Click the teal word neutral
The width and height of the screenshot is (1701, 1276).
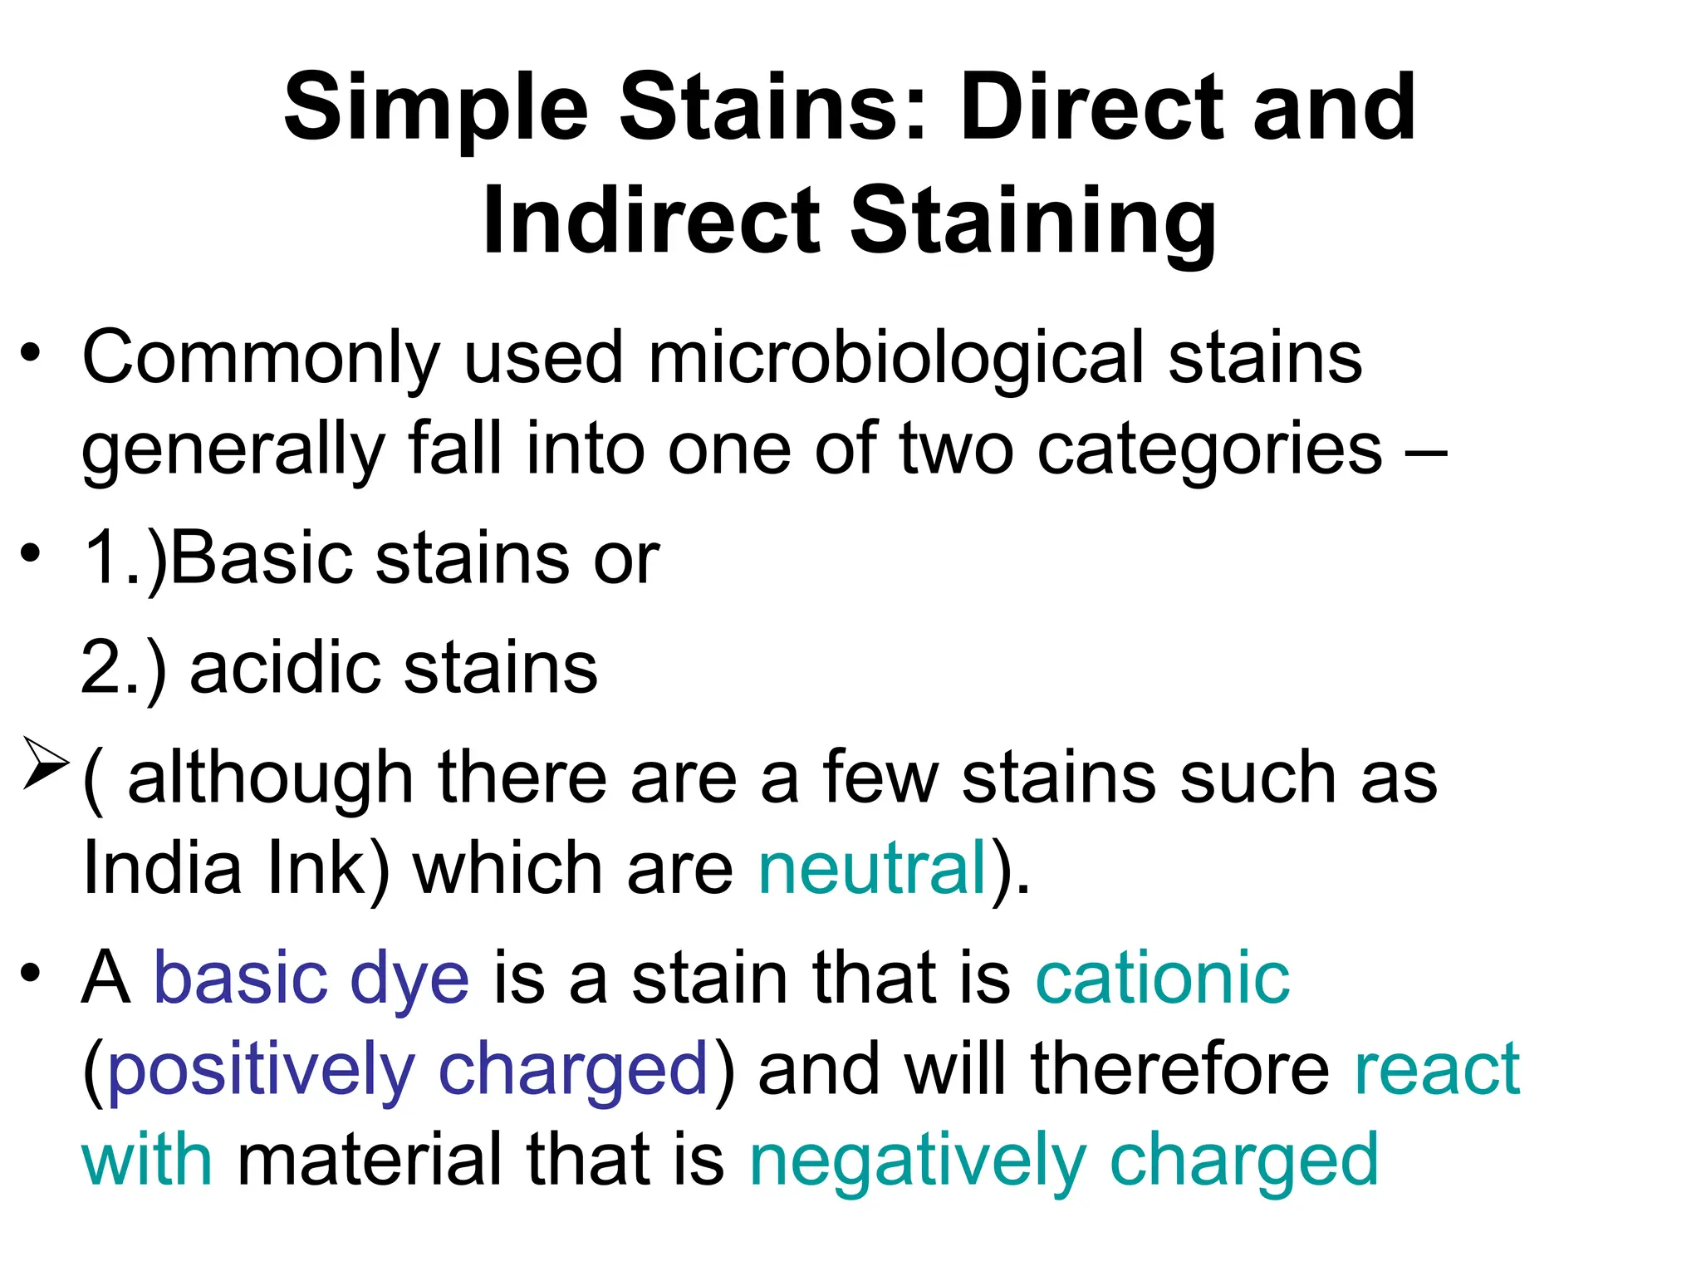point(872,869)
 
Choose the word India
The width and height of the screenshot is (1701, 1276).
point(161,869)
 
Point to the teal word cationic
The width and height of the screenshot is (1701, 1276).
point(1162,979)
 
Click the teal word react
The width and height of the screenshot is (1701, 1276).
point(1436,1070)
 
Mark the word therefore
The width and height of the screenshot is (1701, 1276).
point(1180,1069)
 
